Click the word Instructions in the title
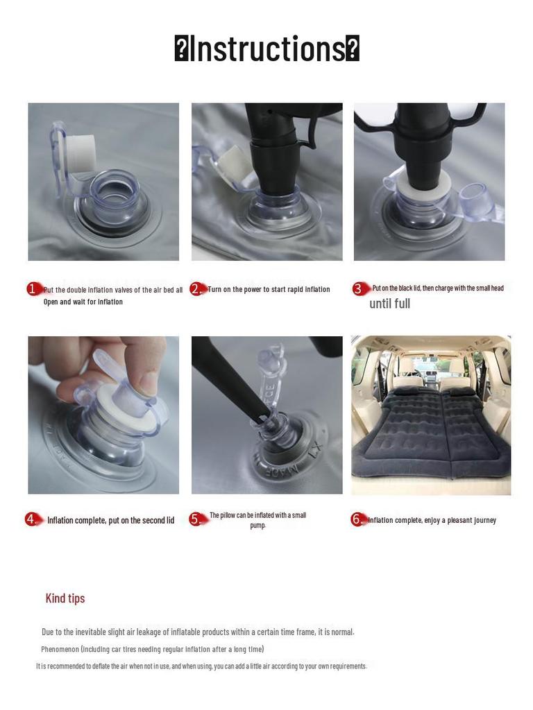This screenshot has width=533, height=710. (x=267, y=49)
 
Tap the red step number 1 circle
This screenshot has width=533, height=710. (x=33, y=288)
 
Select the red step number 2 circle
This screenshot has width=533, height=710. (x=196, y=289)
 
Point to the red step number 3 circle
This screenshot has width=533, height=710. (x=359, y=289)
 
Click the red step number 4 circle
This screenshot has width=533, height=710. (x=31, y=519)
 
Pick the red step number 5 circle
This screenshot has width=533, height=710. (x=195, y=519)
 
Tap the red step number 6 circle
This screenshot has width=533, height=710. (x=357, y=519)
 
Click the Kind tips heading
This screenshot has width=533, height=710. (x=65, y=598)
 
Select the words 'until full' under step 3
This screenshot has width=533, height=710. (x=390, y=304)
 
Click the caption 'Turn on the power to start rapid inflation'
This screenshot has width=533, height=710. (x=269, y=289)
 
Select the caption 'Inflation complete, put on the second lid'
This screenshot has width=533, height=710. (x=111, y=520)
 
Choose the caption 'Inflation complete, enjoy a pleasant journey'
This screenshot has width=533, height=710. (x=432, y=520)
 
